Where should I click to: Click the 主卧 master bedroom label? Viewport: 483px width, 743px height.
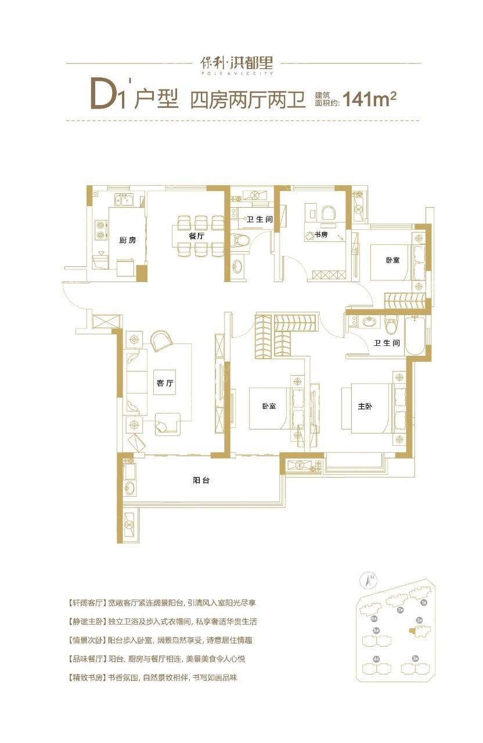point(365,406)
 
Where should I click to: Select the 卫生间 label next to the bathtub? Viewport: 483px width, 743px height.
point(387,343)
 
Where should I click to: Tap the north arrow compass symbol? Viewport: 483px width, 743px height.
point(368,579)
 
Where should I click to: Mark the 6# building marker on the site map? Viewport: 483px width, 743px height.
point(374,618)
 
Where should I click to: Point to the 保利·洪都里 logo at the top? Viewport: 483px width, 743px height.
point(240,63)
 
